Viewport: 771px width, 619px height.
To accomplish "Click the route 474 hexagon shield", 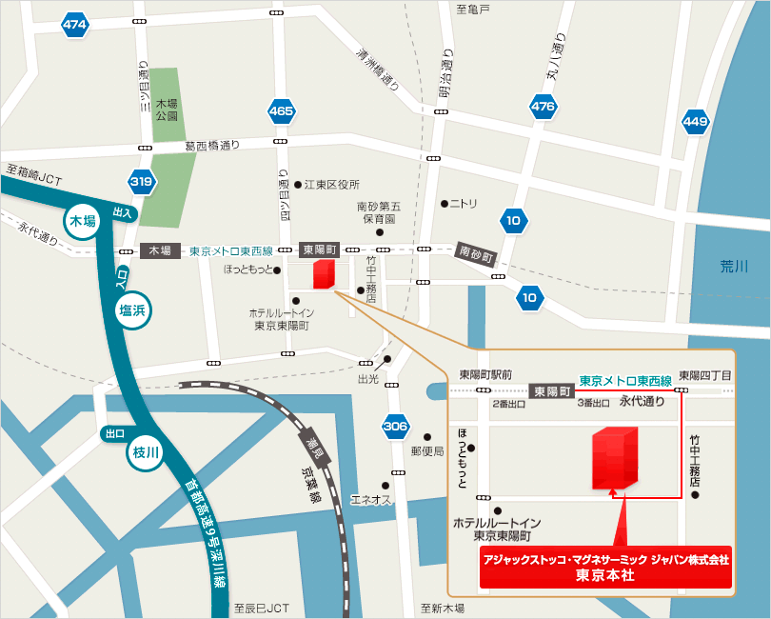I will pos(75,25).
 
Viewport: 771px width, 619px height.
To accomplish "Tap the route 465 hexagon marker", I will pos(281,111).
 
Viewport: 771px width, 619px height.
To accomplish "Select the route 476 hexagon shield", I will pos(543,107).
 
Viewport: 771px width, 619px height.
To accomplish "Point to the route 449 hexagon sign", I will pos(696,121).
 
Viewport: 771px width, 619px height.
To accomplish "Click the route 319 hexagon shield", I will pos(142,180).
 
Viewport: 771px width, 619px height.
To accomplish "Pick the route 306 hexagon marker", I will pos(395,426).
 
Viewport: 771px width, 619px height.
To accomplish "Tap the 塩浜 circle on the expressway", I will pos(134,309).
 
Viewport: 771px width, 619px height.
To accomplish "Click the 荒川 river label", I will pos(735,267).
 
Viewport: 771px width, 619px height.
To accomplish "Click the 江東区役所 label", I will pos(332,184).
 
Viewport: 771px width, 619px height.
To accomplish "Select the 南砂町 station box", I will pos(477,254).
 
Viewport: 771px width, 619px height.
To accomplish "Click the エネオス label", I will pos(371,499).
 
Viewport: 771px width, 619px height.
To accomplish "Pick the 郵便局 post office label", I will pos(426,450).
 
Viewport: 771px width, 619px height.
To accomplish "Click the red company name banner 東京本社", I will pos(605,568).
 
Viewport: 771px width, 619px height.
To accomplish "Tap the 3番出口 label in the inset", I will pos(596,404).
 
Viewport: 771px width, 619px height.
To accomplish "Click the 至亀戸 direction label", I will pos(472,9).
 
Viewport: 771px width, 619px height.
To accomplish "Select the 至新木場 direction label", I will pos(443,608).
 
